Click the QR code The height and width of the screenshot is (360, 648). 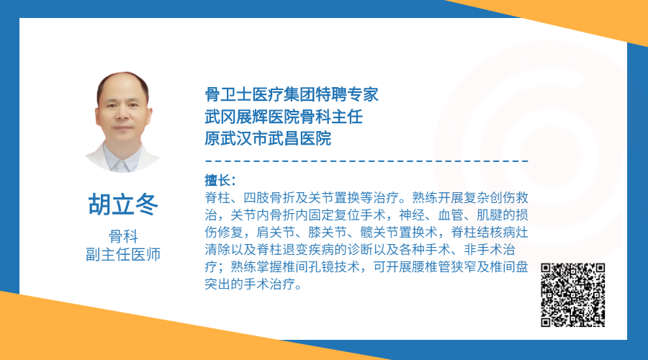(573, 294)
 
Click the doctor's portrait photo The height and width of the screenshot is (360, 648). (122, 122)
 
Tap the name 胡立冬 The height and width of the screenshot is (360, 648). (122, 204)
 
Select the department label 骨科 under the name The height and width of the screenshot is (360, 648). (123, 236)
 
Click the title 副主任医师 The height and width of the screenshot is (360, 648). (123, 254)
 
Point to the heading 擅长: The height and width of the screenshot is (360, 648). (220, 181)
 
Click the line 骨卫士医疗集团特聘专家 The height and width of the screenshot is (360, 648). (292, 94)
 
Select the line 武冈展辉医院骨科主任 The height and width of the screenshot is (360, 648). (284, 117)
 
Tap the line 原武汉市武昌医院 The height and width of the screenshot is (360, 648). (268, 138)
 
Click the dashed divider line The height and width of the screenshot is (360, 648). (366, 161)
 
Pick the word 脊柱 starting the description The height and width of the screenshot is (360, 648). (217, 197)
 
